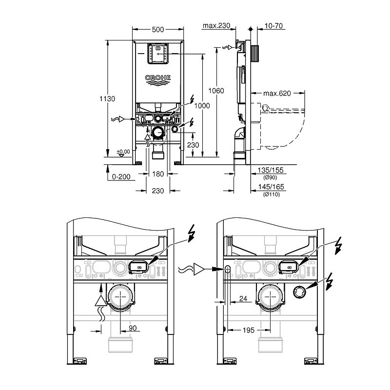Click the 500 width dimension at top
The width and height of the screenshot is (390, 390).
(x=157, y=30)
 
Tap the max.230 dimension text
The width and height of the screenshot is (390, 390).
(x=216, y=25)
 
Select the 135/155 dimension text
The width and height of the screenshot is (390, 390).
(x=271, y=170)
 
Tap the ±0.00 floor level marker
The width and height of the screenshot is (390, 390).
(x=123, y=152)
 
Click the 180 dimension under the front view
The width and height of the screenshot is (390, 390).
(x=157, y=174)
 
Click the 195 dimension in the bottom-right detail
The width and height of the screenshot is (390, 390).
(x=248, y=330)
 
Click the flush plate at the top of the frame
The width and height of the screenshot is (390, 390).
(x=157, y=55)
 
